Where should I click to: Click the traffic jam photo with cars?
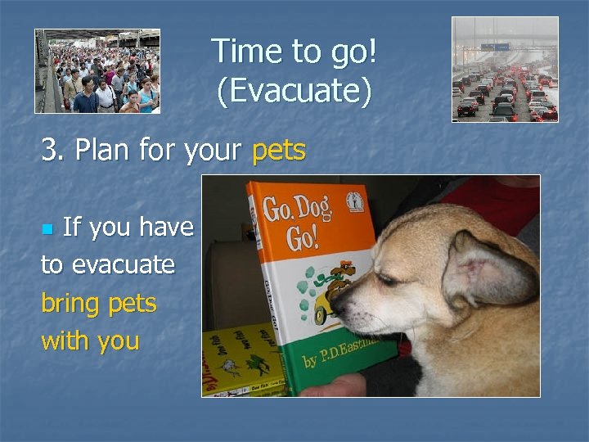click(x=505, y=70)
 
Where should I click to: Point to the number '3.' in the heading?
click(x=54, y=151)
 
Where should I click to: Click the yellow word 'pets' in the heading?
click(x=279, y=151)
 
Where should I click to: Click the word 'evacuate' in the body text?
click(x=123, y=265)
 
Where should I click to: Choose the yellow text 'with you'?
click(x=90, y=340)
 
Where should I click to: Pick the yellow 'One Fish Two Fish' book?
click(x=241, y=360)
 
